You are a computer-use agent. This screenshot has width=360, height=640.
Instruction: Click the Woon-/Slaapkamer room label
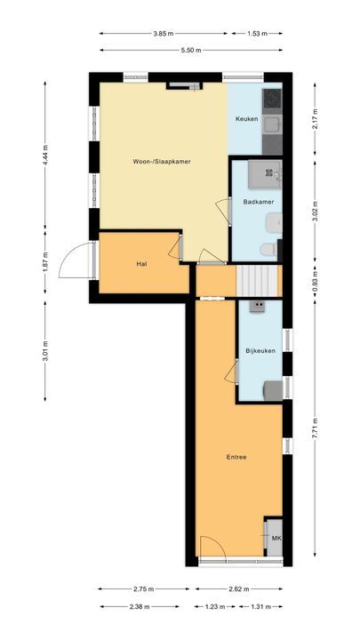click(x=162, y=161)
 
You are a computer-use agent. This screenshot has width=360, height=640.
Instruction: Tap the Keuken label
click(x=246, y=119)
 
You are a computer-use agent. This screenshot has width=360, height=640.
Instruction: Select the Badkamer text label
click(x=258, y=203)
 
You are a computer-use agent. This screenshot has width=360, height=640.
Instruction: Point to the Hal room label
click(x=141, y=265)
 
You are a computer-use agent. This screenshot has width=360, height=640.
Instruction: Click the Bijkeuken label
click(x=260, y=352)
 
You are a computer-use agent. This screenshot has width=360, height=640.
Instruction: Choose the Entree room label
click(x=236, y=457)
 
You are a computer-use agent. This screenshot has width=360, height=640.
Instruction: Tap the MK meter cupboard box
click(x=276, y=539)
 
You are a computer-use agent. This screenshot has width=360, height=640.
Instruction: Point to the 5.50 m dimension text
click(x=191, y=51)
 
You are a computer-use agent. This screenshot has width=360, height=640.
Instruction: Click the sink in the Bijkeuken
click(x=259, y=307)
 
